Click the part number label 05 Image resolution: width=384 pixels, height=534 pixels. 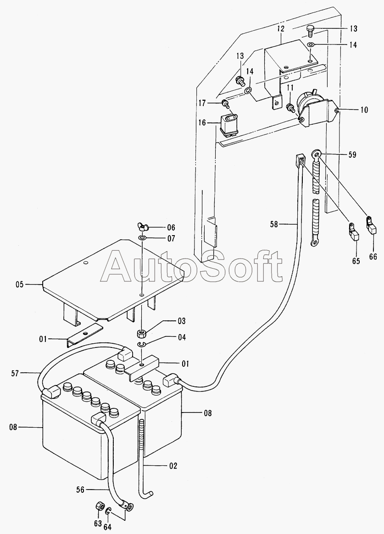coord(19,285)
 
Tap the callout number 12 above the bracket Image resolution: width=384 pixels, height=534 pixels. coord(281,28)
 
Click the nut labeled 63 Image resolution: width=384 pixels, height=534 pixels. coord(98,506)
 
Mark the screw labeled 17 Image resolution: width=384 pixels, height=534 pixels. coord(225,103)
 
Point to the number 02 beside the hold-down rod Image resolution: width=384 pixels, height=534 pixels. coord(173,466)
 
